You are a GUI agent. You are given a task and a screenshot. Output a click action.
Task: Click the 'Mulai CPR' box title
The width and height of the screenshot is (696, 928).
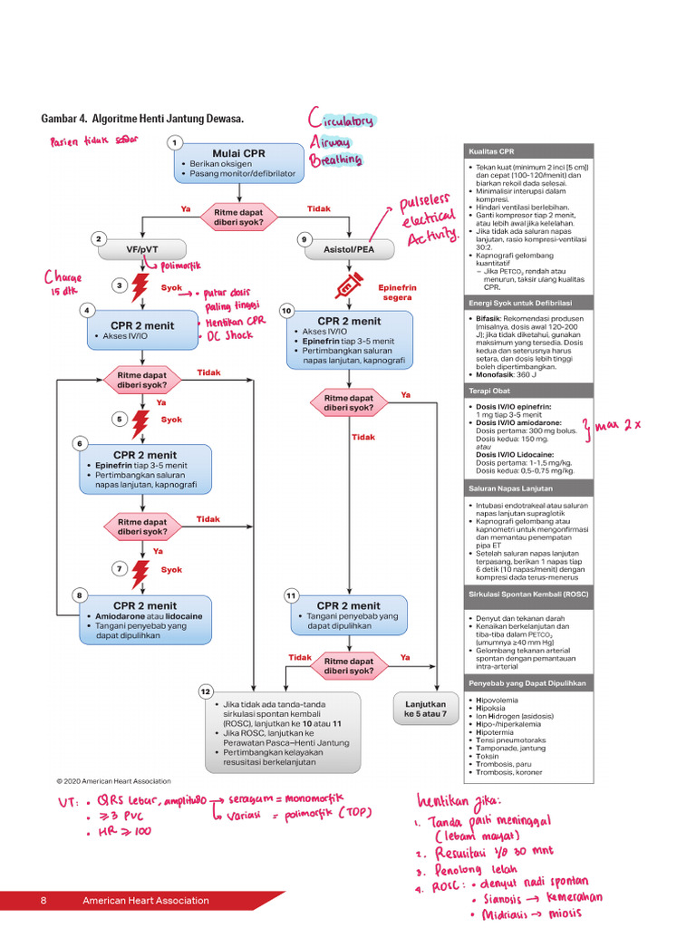click(x=238, y=153)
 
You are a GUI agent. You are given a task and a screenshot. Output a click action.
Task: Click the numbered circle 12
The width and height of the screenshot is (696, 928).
click(x=206, y=691)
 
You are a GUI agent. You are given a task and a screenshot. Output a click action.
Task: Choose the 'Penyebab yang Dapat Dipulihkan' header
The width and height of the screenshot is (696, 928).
click(x=528, y=682)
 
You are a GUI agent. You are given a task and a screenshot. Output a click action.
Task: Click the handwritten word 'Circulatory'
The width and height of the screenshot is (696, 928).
click(x=341, y=121)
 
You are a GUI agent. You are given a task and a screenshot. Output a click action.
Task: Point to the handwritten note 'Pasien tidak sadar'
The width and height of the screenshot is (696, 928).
click(x=88, y=142)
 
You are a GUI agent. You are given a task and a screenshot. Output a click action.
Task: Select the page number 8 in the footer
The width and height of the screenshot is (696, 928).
click(x=43, y=901)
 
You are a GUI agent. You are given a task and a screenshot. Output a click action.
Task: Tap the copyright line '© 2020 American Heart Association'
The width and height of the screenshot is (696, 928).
click(x=112, y=780)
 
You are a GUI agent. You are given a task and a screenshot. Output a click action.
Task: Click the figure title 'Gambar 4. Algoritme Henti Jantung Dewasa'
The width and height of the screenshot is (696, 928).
click(x=142, y=120)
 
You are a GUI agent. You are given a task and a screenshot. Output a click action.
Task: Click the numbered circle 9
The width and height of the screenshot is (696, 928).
click(x=304, y=239)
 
